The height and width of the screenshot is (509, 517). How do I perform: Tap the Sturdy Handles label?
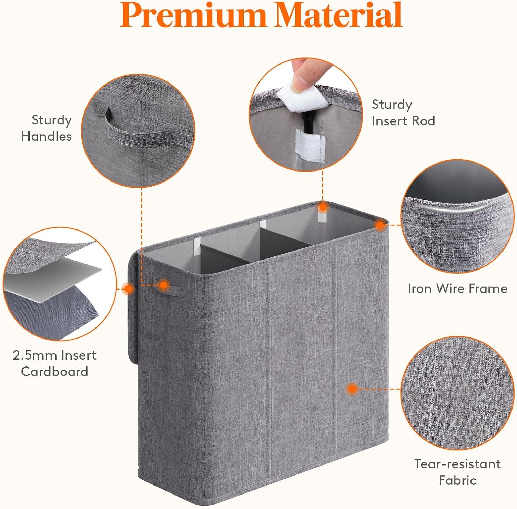click(x=47, y=128)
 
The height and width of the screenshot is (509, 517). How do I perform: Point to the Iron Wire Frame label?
click(x=457, y=288)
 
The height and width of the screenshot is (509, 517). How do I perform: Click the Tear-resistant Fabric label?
click(x=457, y=472)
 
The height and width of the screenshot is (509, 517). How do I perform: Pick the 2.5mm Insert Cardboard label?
click(x=54, y=363)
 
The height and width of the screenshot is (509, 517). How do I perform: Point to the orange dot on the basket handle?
click(x=163, y=285)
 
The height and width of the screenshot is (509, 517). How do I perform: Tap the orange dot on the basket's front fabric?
click(x=352, y=389)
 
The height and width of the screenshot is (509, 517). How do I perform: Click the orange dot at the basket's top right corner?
click(x=380, y=226)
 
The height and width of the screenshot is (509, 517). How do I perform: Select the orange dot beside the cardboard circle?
click(x=128, y=289)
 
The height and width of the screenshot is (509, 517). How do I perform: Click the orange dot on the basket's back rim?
click(x=323, y=207)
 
